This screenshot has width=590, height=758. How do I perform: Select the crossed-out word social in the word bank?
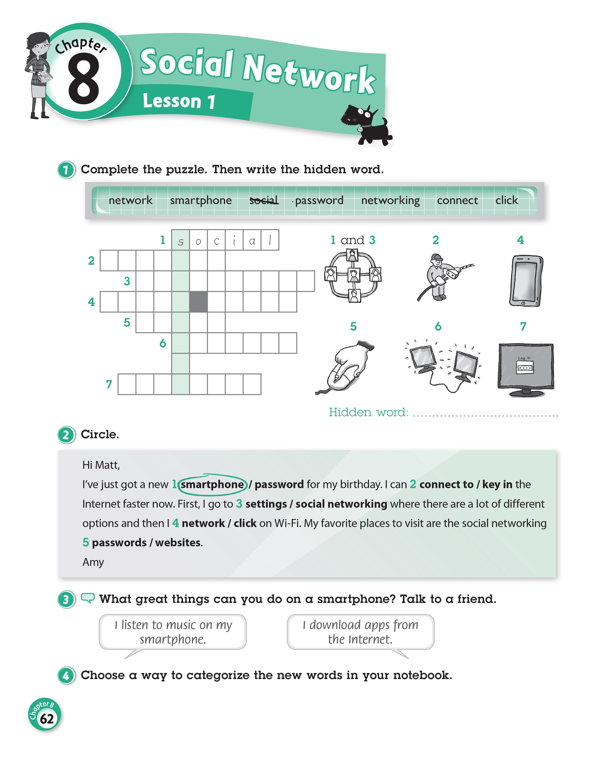click(x=264, y=200)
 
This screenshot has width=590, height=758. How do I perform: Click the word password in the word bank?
click(x=319, y=200)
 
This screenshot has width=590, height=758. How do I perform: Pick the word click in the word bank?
click(x=506, y=200)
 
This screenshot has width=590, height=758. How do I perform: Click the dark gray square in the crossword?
click(x=198, y=302)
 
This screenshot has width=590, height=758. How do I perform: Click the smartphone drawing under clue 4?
click(x=526, y=280)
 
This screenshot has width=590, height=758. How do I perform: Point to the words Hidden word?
click(x=368, y=412)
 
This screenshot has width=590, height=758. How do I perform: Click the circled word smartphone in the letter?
click(x=212, y=484)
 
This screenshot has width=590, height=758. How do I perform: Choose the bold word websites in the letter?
click(x=178, y=542)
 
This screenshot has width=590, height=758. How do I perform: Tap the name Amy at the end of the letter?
click(x=93, y=562)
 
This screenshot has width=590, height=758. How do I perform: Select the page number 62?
click(x=47, y=719)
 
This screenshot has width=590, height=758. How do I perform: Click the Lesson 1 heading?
click(x=179, y=101)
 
